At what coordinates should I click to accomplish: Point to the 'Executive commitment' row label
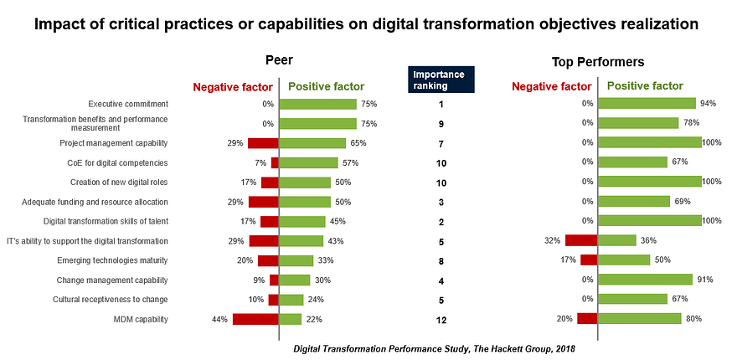click(x=128, y=104)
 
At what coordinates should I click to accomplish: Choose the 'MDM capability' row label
click(x=141, y=319)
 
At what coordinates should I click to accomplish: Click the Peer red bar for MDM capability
click(x=255, y=319)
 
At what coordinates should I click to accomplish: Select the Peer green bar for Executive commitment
click(x=317, y=104)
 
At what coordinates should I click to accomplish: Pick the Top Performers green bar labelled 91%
click(x=645, y=280)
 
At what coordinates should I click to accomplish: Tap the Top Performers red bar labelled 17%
click(x=588, y=260)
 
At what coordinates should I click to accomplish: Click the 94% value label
click(x=709, y=104)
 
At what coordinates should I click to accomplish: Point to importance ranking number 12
click(x=441, y=320)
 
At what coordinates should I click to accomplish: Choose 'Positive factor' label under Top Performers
click(x=644, y=85)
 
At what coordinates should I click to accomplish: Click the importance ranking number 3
click(x=441, y=202)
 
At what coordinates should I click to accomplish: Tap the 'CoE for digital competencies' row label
click(x=116, y=162)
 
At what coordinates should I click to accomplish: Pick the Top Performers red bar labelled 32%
click(x=580, y=240)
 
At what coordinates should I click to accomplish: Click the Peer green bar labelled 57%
click(x=308, y=162)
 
